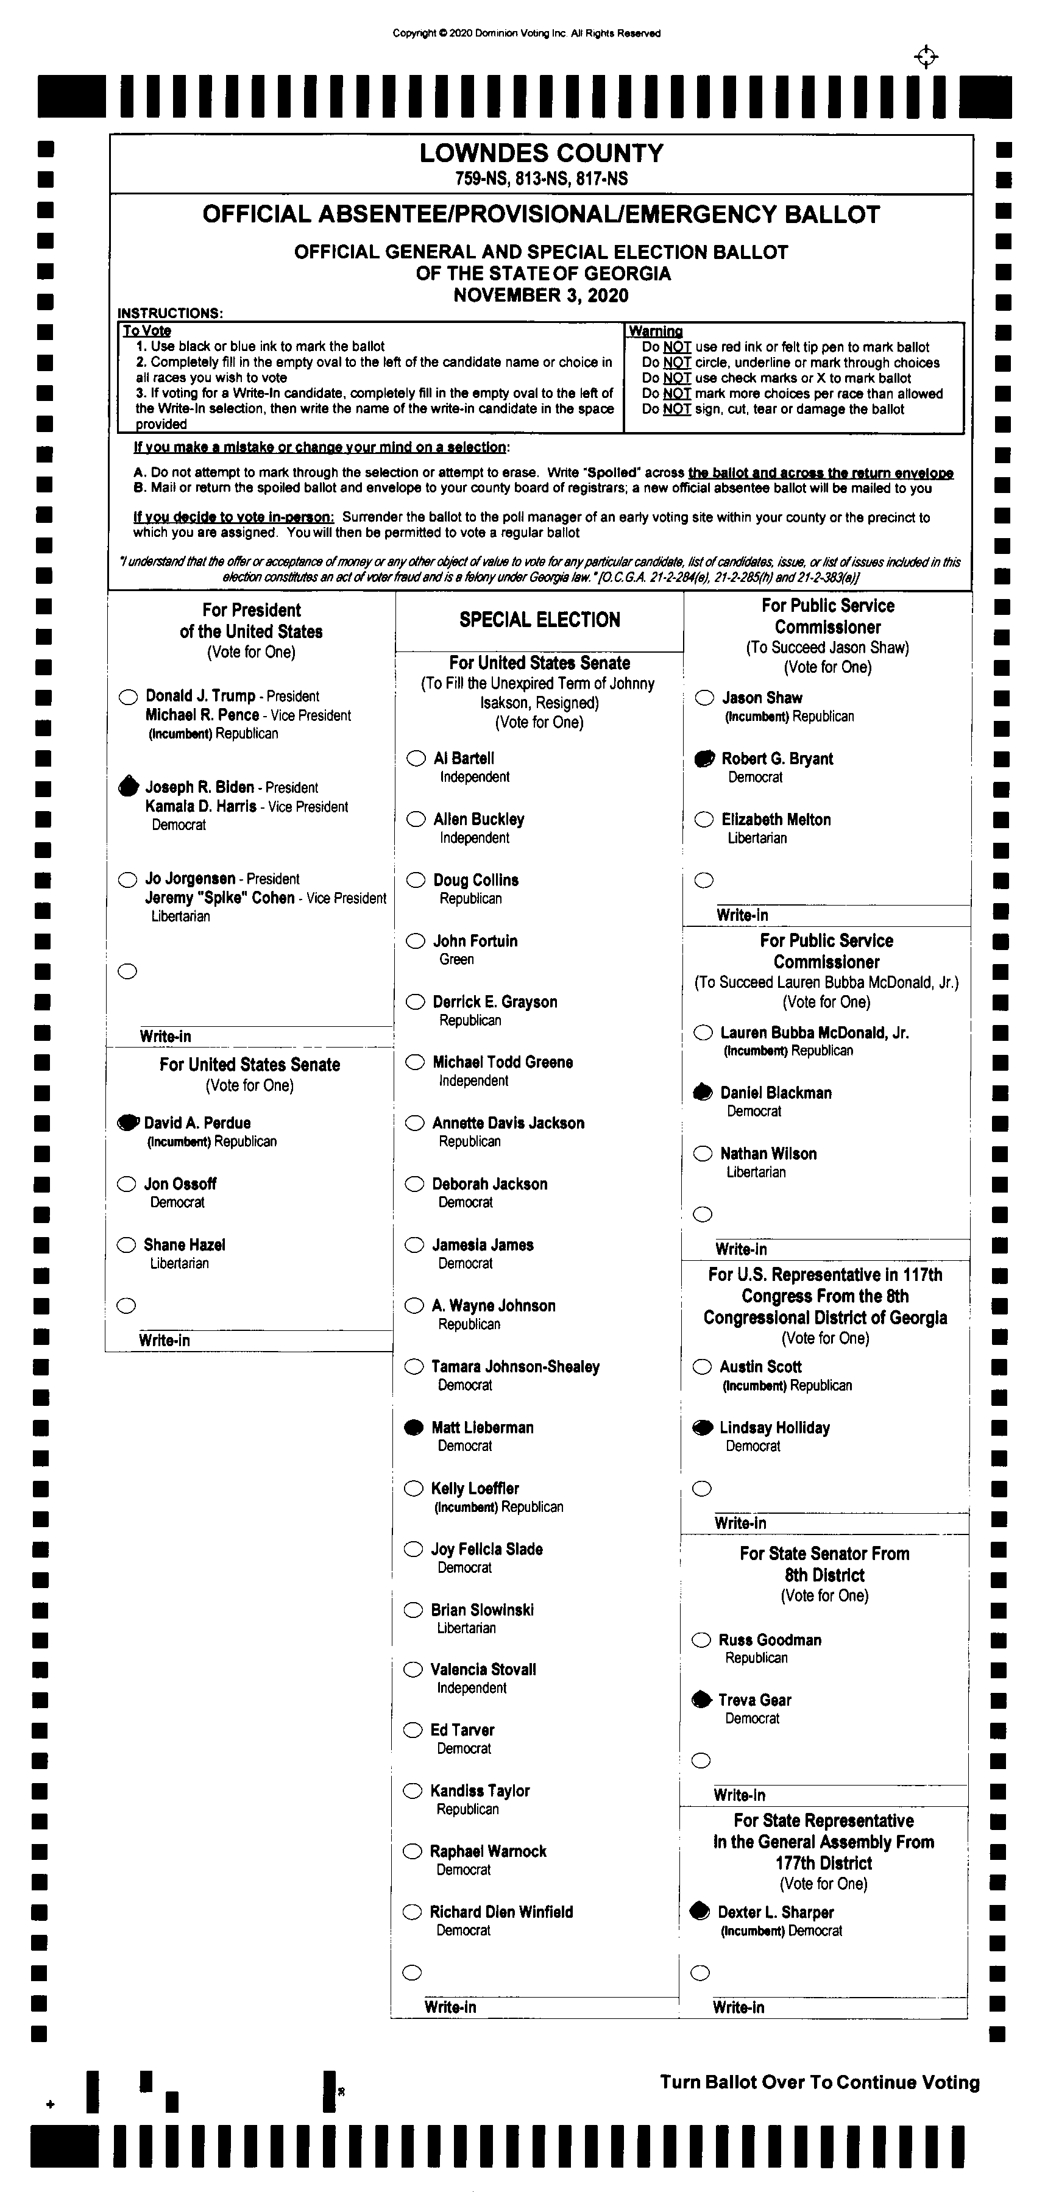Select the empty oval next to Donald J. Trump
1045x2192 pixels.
click(x=129, y=697)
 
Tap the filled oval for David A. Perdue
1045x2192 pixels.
click(x=127, y=1123)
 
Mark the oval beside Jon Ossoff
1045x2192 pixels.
click(x=127, y=1183)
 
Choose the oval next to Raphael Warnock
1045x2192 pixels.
click(x=413, y=1851)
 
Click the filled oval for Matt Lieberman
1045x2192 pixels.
click(x=414, y=1427)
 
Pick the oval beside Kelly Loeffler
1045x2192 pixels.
click(x=414, y=1488)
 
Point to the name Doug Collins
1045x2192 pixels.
click(x=476, y=880)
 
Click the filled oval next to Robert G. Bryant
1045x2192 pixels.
click(x=704, y=758)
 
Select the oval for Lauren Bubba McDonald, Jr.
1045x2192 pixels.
click(x=703, y=1032)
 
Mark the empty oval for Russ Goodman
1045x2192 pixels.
click(x=701, y=1640)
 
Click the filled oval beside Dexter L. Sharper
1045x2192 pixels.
click(x=700, y=1911)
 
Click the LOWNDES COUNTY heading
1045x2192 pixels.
click(x=541, y=153)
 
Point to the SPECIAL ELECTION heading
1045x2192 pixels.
click(x=539, y=620)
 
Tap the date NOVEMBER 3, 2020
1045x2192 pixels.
click(x=541, y=296)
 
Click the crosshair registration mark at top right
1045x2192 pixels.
click(x=926, y=57)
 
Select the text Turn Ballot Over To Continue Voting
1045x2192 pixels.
click(x=820, y=2082)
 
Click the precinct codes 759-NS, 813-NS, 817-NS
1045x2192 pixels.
click(x=541, y=179)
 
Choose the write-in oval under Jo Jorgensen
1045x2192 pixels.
click(x=127, y=971)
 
